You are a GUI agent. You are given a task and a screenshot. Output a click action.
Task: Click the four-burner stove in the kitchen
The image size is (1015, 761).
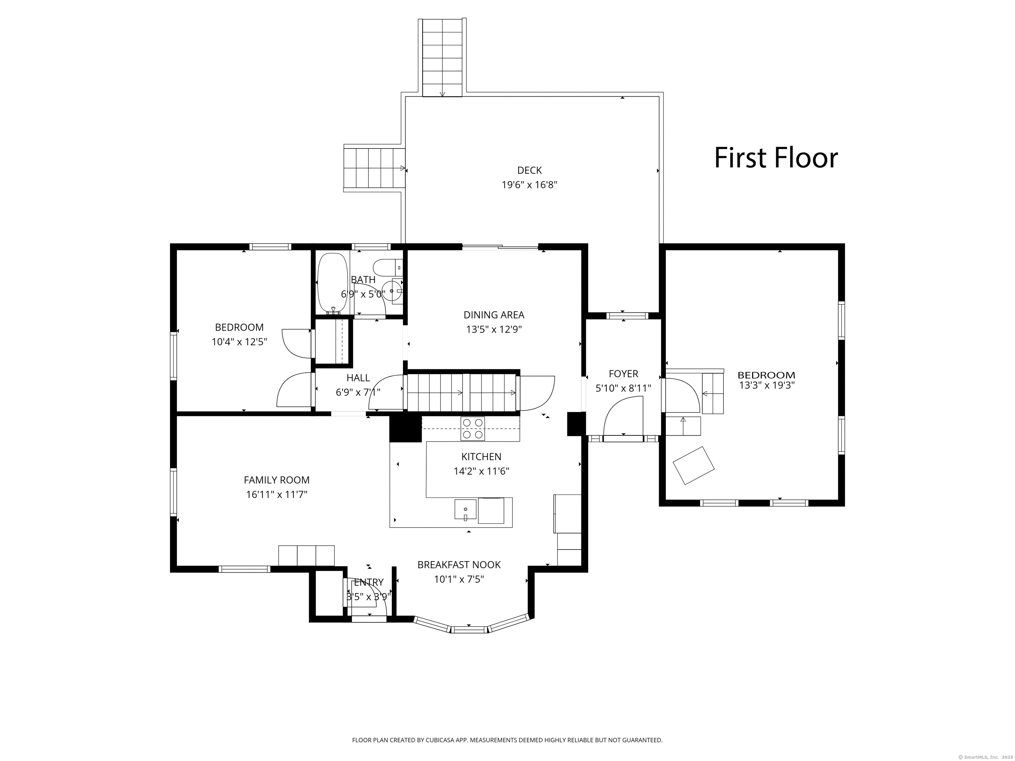[473, 428]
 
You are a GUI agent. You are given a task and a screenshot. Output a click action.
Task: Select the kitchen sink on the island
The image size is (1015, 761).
[465, 509]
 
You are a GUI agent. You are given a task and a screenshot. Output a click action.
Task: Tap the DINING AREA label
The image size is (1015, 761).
[494, 315]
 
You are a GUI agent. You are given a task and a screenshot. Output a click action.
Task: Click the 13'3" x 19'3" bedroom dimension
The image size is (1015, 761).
[767, 385]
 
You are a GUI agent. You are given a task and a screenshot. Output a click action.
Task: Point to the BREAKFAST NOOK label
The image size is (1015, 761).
[459, 565]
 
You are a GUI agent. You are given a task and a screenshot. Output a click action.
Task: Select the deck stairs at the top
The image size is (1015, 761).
[442, 57]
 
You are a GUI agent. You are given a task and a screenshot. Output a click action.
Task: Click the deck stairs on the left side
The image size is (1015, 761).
[374, 168]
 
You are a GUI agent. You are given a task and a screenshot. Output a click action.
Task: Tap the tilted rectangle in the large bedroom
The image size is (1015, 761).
[693, 465]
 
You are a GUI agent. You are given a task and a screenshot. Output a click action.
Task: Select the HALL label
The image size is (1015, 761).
[358, 378]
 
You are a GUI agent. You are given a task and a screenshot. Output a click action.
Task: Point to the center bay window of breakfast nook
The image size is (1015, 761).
[469, 629]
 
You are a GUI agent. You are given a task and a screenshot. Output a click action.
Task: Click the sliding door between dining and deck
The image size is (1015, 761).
[500, 248]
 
